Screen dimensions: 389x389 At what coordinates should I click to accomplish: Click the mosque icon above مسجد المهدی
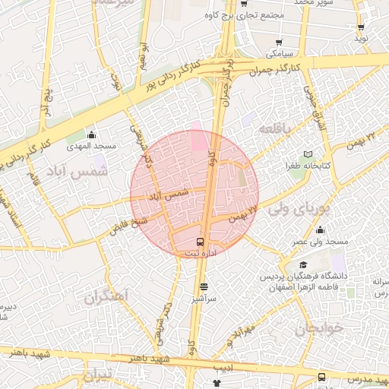[92, 134]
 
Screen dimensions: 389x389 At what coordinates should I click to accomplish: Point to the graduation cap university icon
[303, 265]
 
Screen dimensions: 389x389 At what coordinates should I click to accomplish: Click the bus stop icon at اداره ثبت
[201, 242]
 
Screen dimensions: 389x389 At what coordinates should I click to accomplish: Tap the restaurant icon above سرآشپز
[203, 287]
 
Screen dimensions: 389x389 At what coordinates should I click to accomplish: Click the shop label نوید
[361, 37]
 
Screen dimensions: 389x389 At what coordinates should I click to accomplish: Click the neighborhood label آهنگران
[106, 296]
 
